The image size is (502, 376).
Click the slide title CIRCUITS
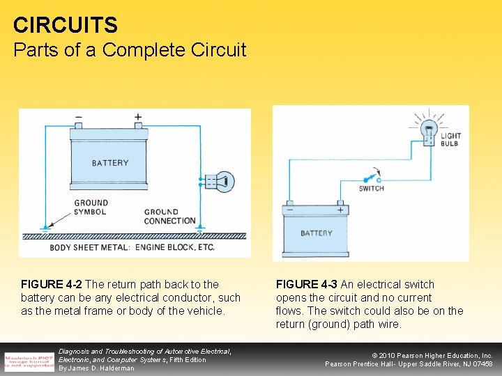(66, 26)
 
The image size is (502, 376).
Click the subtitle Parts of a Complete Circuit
(130, 50)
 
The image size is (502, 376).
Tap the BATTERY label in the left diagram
(110, 163)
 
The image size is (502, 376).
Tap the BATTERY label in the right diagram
(317, 233)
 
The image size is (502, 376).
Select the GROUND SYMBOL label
(91, 207)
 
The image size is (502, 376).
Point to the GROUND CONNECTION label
(169, 217)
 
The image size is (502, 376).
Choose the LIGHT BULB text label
(450, 140)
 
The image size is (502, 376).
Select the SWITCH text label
(372, 189)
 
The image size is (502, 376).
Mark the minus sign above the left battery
(79, 117)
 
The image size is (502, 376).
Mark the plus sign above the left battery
(138, 117)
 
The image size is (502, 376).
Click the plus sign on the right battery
(340, 210)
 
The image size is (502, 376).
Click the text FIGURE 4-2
(52, 284)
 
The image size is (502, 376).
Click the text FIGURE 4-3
(307, 284)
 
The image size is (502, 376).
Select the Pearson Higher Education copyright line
(433, 355)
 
